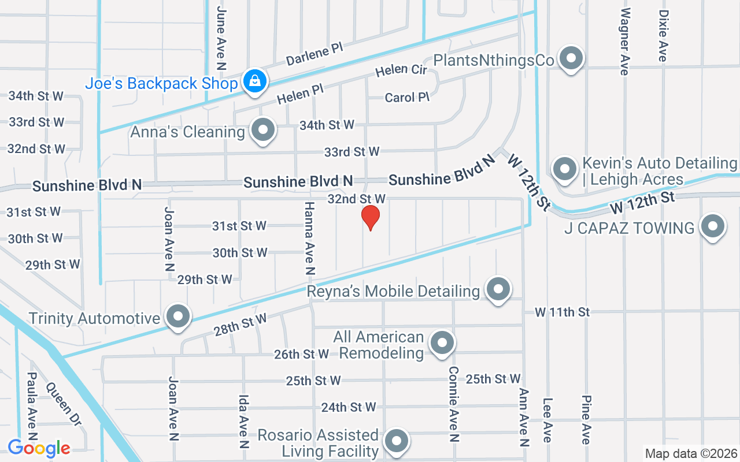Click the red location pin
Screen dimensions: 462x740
(370, 217)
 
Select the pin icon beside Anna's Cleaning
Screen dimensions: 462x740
(264, 130)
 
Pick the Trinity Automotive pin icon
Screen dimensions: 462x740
(178, 316)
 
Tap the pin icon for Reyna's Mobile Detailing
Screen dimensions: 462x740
(498, 288)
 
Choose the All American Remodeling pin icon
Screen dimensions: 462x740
(442, 342)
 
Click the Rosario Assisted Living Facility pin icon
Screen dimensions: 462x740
(397, 441)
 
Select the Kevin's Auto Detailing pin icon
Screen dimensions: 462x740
(564, 169)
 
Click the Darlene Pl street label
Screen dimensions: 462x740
(315, 55)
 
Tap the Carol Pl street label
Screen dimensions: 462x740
(407, 98)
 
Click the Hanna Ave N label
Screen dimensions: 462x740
(310, 238)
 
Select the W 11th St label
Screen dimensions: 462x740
(562, 312)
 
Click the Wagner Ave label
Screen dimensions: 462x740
(624, 42)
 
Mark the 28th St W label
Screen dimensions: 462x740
(240, 326)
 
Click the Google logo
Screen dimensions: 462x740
(39, 448)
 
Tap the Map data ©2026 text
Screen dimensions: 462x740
(691, 453)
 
